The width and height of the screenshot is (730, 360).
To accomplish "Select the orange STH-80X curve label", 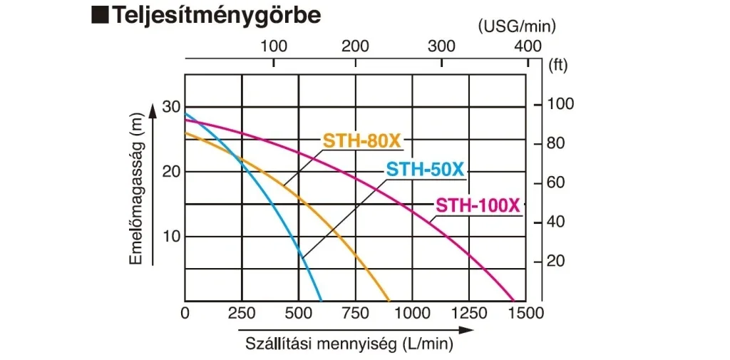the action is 362,141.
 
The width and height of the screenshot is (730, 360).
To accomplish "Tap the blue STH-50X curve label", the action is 426,170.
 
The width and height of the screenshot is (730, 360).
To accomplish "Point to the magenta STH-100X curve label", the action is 478,205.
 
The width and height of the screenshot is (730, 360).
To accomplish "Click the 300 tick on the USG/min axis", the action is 441,46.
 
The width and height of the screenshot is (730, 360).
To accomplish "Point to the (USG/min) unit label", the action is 518,26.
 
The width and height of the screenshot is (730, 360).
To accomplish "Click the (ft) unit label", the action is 558,66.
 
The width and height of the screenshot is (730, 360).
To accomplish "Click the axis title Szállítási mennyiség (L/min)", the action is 349,345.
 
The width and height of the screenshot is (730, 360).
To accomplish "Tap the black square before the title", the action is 100,16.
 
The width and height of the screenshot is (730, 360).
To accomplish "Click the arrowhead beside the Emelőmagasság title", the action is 153,110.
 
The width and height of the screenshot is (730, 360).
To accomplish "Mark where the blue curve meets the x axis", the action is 322,300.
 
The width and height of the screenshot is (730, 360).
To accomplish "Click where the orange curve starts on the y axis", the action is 186,133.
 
